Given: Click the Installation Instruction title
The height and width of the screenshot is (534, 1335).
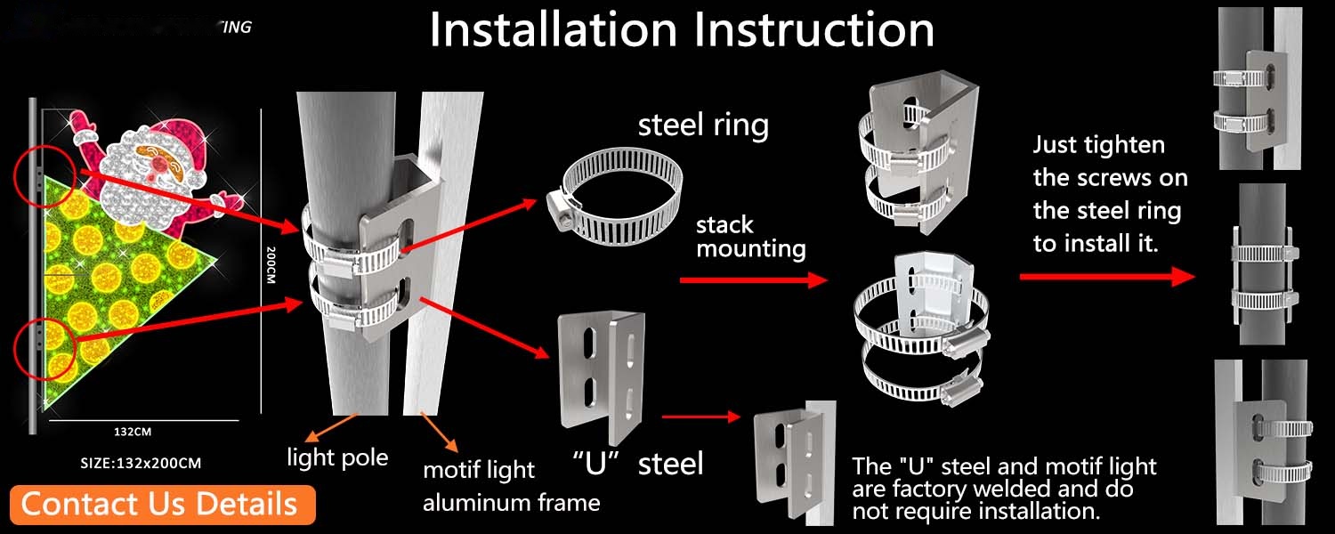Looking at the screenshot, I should click(681, 30).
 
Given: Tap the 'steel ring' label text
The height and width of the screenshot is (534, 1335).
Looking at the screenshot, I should click(703, 125).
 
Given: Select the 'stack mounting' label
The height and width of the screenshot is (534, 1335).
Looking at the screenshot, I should click(750, 236).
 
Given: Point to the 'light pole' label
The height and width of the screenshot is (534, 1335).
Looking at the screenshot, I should click(337, 457).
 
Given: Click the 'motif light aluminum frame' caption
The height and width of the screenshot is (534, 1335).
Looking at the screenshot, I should click(511, 486).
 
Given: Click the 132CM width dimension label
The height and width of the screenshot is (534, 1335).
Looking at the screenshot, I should click(133, 433).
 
